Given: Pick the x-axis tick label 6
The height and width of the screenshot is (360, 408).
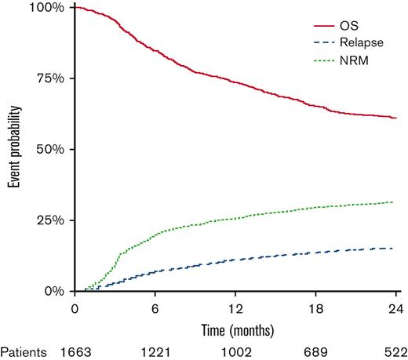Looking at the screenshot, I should click(155, 307).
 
